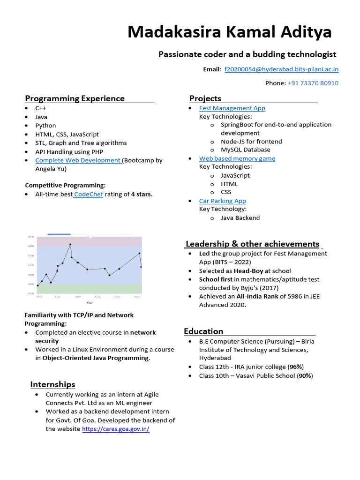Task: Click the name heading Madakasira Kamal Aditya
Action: coord(229,32)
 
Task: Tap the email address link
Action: coord(281,69)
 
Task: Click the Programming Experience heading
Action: coord(75,98)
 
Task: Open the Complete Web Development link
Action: coord(78,160)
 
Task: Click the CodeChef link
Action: coord(88,195)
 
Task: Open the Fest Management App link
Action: coord(232,108)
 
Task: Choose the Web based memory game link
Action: coord(237,158)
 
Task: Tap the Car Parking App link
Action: coord(222,201)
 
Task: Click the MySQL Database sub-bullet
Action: coord(246,150)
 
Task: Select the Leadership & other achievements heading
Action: coord(253,244)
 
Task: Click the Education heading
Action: coord(203,331)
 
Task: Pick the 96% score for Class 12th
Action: coord(295,367)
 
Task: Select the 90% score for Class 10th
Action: coord(305,376)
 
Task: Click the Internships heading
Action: coord(52,384)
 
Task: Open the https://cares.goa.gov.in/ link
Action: coord(116,429)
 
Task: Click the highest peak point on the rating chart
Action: coord(70,244)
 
